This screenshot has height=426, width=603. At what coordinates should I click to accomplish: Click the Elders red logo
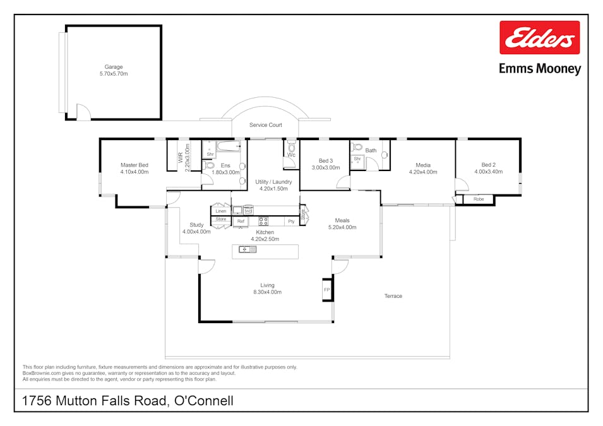tap(539, 38)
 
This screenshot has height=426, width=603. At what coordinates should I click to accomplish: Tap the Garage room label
tap(114, 67)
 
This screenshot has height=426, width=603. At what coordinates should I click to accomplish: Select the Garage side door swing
tap(83, 112)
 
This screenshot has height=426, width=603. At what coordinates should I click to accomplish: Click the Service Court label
tap(265, 125)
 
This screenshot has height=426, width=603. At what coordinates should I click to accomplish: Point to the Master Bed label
tap(134, 165)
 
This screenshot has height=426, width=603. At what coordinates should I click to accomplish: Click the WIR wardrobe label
tap(180, 155)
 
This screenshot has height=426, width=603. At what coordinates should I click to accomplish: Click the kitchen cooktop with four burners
tap(263, 221)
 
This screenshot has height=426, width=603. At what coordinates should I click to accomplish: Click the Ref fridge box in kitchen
tap(241, 222)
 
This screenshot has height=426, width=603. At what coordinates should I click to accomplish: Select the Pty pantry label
tap(291, 222)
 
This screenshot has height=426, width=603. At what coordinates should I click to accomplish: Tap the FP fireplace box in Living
tap(327, 290)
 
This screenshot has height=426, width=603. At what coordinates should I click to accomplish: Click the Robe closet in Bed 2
tap(478, 199)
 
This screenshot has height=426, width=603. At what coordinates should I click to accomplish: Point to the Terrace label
tap(393, 296)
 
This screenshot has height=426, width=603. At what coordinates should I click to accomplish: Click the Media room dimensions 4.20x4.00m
tap(422, 172)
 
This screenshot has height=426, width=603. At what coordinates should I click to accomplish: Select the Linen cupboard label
tap(220, 211)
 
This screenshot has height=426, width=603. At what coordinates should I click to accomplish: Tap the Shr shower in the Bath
tap(357, 159)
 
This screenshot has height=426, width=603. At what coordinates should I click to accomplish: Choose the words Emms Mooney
tap(539, 69)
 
